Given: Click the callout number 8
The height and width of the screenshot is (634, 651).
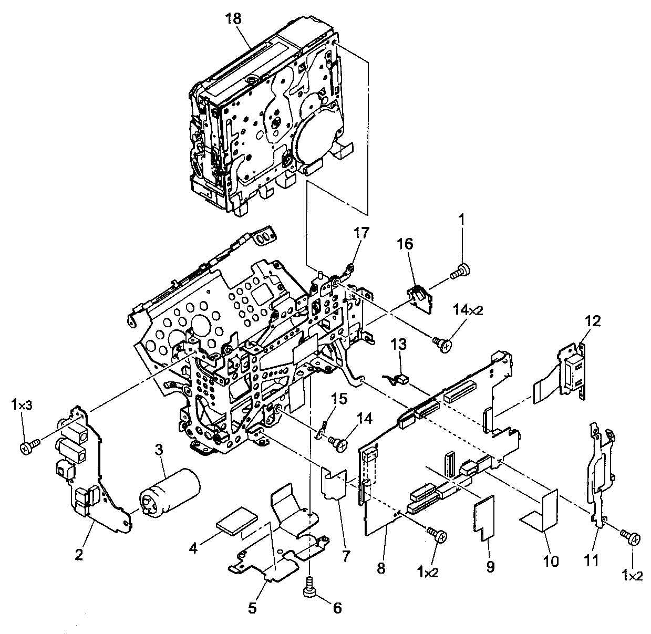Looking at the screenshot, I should coord(381,568).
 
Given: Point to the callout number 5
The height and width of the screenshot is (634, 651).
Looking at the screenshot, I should coord(253,608).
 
